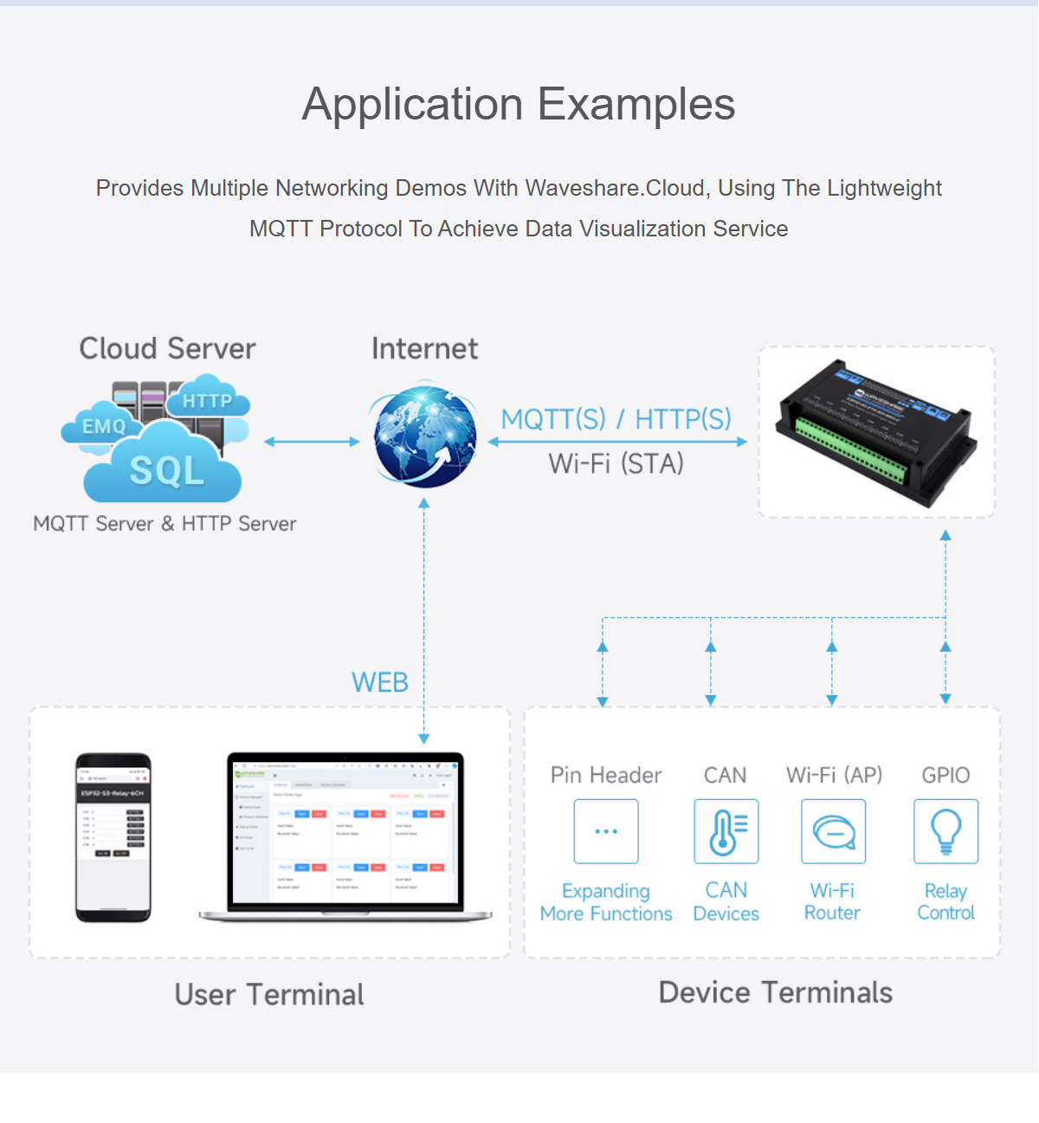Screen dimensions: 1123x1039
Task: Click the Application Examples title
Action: click(519, 105)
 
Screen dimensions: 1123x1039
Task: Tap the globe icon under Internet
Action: click(424, 437)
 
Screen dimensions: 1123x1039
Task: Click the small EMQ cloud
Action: click(103, 425)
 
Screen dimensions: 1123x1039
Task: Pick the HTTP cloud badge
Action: click(207, 401)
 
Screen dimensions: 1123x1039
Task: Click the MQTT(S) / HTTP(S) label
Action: click(616, 419)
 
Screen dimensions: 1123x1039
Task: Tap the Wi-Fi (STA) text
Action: click(616, 464)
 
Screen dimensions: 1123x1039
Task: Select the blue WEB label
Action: click(379, 682)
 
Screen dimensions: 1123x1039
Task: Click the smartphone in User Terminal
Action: click(113, 837)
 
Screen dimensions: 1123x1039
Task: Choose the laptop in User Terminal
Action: click(345, 836)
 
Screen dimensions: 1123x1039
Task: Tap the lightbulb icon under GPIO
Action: click(945, 831)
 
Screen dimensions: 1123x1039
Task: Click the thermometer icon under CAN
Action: click(726, 831)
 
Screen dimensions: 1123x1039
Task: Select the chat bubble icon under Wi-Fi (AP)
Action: click(833, 831)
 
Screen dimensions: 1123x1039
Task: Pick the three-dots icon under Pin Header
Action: click(606, 831)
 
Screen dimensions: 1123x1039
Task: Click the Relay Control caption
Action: click(945, 901)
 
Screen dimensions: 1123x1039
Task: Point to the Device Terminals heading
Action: click(775, 992)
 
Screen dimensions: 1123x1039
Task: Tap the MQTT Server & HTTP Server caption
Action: click(165, 524)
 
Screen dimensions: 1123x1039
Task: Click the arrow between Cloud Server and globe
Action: click(312, 442)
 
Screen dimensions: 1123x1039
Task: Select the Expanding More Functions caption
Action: click(606, 902)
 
